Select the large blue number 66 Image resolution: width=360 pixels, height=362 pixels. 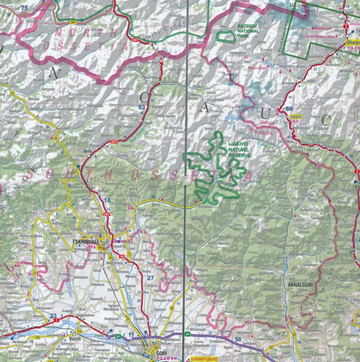pyautogui.click(x=289, y=109)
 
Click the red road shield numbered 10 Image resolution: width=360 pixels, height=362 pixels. pyautogui.click(x=122, y=256)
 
